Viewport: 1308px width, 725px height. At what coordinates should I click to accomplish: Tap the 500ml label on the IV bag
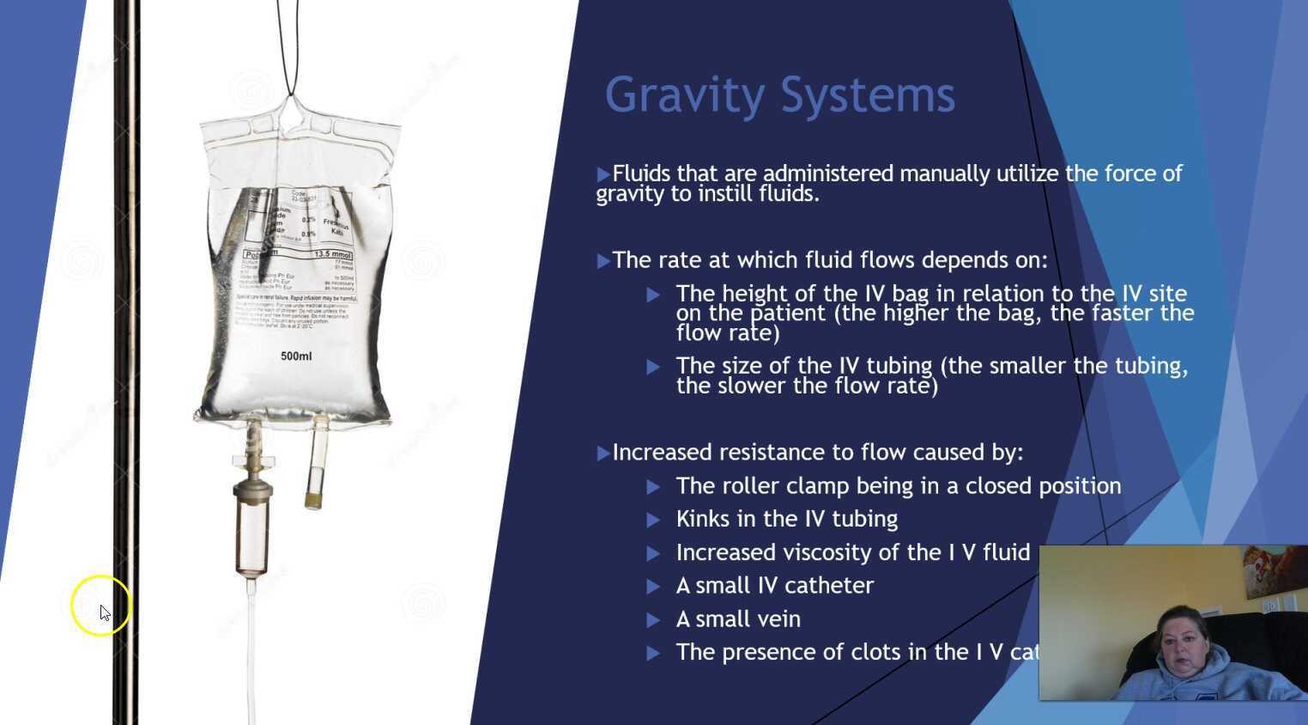click(x=296, y=356)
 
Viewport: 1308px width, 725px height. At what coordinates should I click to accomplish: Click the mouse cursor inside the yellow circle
click(x=104, y=612)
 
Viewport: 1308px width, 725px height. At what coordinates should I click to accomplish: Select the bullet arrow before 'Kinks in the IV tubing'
click(x=653, y=520)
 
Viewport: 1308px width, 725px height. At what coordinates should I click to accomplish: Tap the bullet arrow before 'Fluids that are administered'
click(x=603, y=174)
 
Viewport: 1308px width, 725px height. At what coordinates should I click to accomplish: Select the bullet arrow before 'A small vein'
click(x=653, y=619)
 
